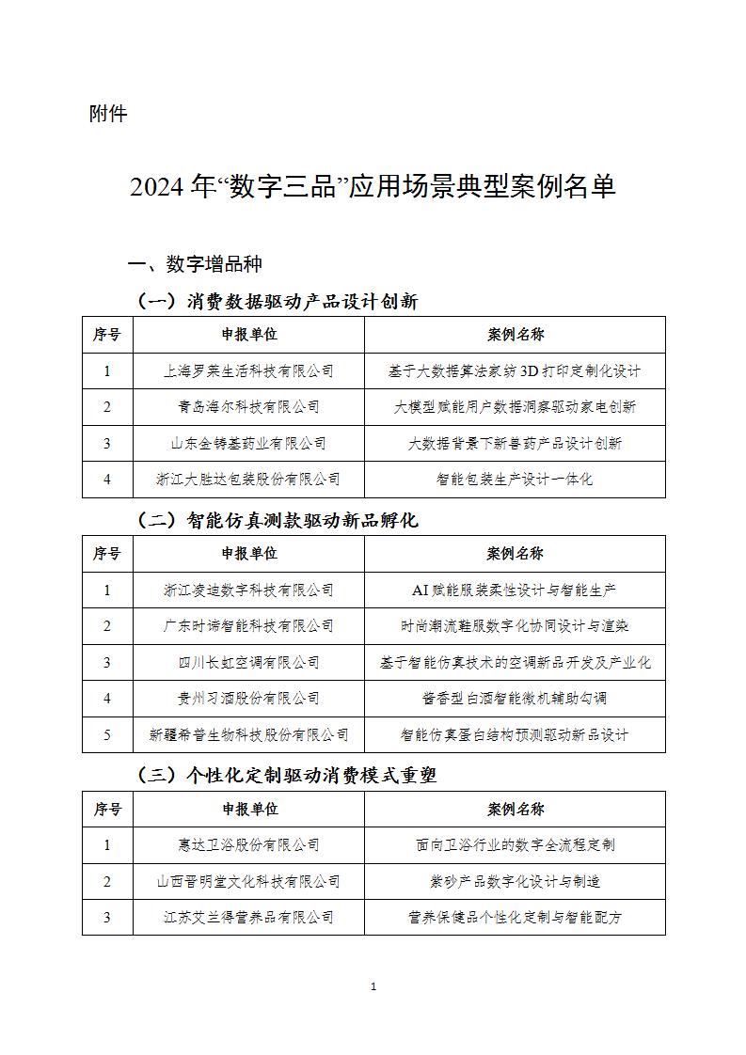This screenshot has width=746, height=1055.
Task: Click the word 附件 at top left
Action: (x=108, y=115)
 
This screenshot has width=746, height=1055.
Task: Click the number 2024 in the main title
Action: (x=156, y=186)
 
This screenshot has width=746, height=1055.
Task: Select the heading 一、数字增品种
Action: (x=195, y=263)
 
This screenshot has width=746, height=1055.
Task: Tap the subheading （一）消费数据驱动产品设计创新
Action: (x=278, y=301)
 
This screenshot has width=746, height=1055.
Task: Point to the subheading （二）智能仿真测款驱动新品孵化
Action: (x=278, y=520)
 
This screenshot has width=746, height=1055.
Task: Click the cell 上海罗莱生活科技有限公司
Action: (x=248, y=371)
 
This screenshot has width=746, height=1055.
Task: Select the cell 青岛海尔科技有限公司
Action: (x=248, y=407)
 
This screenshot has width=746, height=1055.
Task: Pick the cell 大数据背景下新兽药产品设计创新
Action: (x=515, y=443)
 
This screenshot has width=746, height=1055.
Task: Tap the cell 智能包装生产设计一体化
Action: (x=515, y=479)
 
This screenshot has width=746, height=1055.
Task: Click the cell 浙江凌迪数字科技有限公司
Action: (x=248, y=590)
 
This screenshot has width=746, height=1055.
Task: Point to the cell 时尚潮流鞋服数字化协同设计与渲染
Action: (x=515, y=626)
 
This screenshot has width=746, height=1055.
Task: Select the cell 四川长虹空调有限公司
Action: (x=248, y=662)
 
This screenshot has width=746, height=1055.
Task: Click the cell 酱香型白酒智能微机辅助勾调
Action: (x=515, y=698)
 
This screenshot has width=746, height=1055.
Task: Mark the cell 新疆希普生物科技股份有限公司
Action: (x=248, y=734)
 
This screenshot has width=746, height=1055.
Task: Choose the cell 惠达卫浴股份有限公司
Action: (x=248, y=845)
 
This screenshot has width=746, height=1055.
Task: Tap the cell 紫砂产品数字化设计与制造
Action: (x=515, y=881)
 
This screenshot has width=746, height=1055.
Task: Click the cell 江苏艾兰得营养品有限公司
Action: (x=248, y=917)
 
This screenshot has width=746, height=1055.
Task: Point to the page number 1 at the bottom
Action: (x=373, y=986)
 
